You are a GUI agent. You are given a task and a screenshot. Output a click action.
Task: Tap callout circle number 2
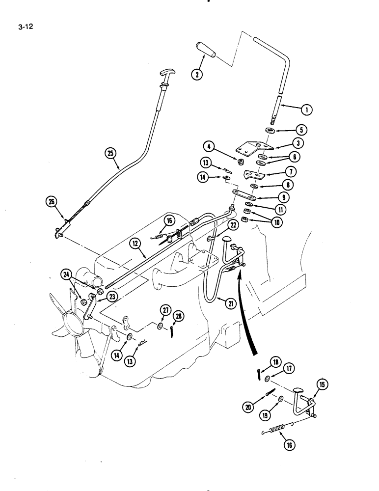tap(197, 75)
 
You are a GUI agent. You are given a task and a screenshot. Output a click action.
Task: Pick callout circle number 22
tap(233, 225)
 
